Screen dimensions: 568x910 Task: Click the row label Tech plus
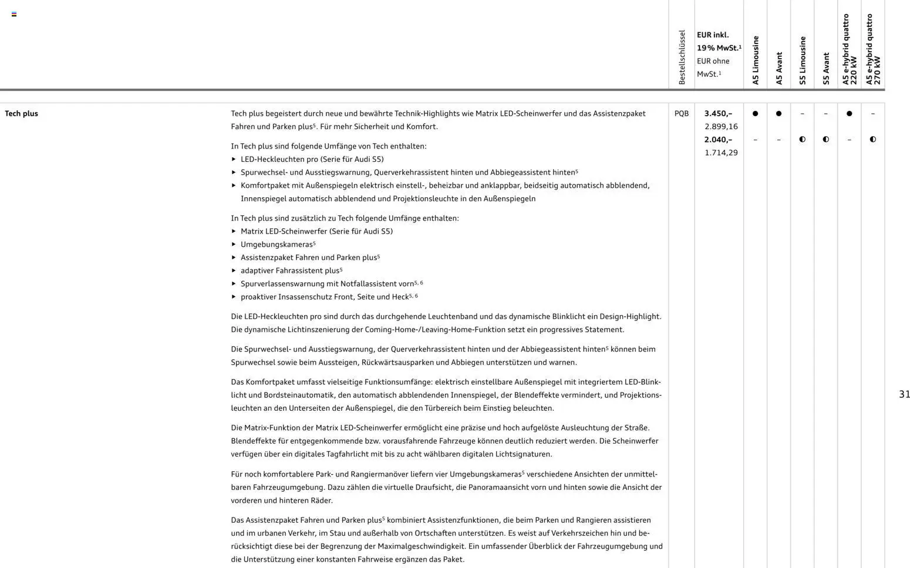click(21, 114)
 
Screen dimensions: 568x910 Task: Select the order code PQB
click(681, 114)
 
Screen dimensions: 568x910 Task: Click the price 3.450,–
click(718, 114)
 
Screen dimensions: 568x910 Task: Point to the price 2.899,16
click(721, 127)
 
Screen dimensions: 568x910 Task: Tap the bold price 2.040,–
click(718, 140)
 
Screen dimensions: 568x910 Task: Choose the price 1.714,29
click(721, 153)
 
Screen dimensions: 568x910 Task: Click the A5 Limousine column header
click(756, 60)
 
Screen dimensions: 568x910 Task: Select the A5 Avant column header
click(779, 69)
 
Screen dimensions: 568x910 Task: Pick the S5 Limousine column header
click(803, 60)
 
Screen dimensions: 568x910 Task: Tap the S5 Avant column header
click(826, 69)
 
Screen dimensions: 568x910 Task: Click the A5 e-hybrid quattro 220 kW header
click(850, 50)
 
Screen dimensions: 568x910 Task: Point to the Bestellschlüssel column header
click(682, 58)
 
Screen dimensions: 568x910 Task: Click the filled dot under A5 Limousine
click(755, 114)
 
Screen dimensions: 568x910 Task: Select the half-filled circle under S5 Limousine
click(802, 140)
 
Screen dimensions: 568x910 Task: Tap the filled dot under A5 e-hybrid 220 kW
click(849, 114)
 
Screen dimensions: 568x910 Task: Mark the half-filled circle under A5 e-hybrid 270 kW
click(872, 140)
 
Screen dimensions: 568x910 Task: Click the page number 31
click(904, 394)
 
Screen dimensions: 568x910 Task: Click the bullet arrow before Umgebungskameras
click(234, 244)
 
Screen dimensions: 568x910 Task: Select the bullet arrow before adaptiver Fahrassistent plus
click(234, 271)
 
